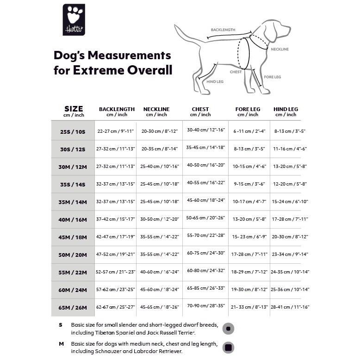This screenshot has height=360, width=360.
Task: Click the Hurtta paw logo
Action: click(74, 20)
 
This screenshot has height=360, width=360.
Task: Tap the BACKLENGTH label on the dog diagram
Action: click(223, 30)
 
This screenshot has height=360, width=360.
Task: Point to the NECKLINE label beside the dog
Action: click(279, 49)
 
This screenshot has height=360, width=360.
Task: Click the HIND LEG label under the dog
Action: click(215, 81)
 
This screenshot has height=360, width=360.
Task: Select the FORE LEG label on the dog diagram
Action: click(272, 77)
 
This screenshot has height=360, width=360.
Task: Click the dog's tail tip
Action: click(175, 25)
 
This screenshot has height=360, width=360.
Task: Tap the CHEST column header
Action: click(200, 112)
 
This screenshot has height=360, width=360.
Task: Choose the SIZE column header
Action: click(74, 112)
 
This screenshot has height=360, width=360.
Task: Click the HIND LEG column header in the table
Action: click(286, 112)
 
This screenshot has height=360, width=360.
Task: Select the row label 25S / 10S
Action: click(73, 132)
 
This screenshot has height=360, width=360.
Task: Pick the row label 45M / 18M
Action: click(73, 237)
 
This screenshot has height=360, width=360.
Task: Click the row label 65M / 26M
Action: click(73, 308)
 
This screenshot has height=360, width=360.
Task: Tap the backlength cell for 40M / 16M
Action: click(115, 219)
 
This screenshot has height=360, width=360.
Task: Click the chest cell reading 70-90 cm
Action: click(206, 306)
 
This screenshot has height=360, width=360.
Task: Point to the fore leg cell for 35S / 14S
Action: click(249, 184)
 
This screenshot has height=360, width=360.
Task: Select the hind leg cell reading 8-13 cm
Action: click(290, 131)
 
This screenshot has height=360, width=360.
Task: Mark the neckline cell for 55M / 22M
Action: click(159, 272)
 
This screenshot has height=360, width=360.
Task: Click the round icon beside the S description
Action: click(228, 329)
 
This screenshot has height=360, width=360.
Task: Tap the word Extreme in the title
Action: click(99, 70)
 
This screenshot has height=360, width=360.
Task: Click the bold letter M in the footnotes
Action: click(61, 344)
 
